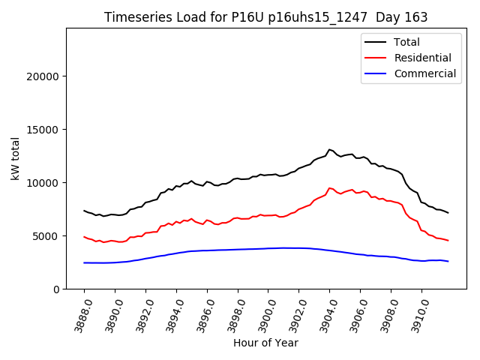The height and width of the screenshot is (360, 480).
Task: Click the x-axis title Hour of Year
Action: (265, 343)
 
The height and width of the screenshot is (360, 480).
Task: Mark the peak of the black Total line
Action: (329, 149)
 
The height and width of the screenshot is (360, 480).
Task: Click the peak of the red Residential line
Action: (329, 188)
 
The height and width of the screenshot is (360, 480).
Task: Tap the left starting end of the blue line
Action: (84, 262)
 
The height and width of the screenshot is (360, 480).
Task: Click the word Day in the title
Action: (390, 17)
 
